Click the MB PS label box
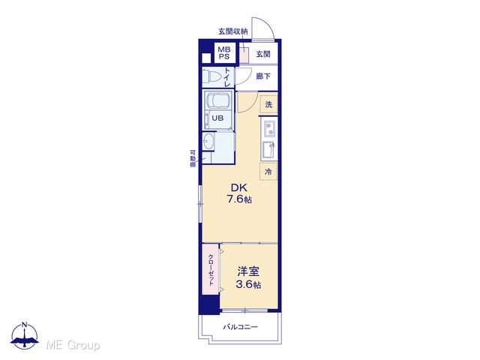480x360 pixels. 224,52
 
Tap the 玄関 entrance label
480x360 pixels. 263,54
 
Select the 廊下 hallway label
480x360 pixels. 263,76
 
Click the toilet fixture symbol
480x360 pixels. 211,76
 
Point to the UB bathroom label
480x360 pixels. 217,118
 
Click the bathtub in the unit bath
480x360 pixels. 217,100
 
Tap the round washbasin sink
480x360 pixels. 208,142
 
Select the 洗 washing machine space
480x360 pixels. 268,104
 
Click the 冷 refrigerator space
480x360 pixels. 268,172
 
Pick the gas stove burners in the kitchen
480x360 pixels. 270,128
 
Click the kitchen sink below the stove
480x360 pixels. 269,150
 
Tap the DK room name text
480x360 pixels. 238,187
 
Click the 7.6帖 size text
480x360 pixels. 239,199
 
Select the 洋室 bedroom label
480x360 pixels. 248,271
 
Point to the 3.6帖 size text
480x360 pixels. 248,285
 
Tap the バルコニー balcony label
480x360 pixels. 240,327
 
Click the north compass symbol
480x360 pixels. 25,335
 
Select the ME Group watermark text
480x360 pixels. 73,345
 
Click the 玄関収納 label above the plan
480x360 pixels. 233,31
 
